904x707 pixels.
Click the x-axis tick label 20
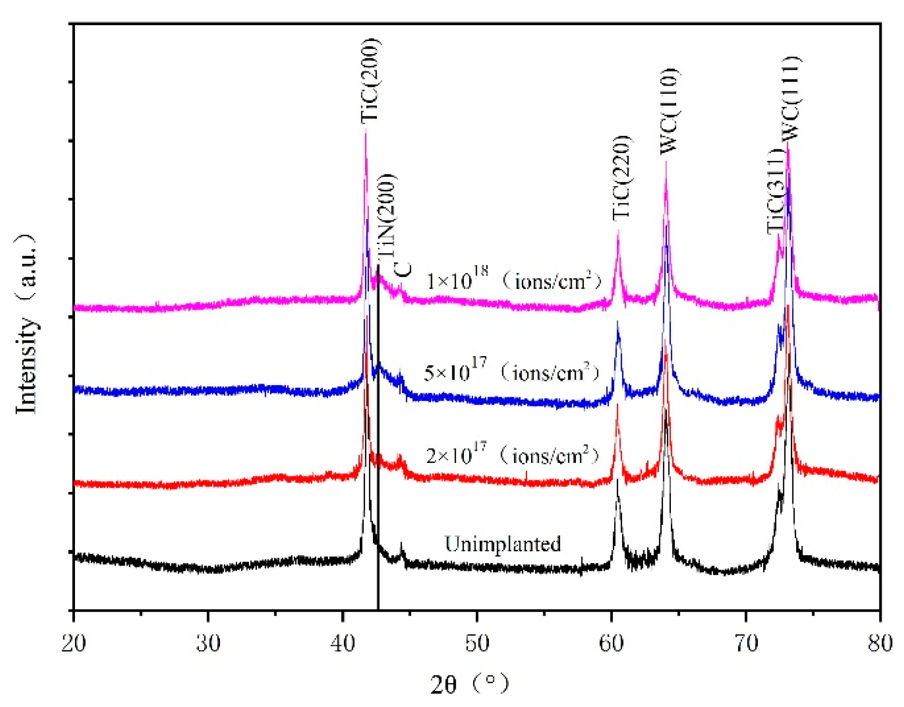pos(74,643)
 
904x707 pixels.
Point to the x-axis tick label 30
pos(208,643)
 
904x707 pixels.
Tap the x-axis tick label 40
pos(342,643)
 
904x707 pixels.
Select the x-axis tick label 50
pos(477,643)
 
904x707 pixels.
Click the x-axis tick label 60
pos(611,643)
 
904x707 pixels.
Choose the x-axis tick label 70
pos(746,643)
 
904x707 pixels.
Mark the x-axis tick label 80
pos(880,643)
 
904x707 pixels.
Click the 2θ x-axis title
pos(469,684)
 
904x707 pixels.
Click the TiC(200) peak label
pos(371,81)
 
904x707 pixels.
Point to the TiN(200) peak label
pos(387,217)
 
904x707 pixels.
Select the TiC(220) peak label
pos(622,178)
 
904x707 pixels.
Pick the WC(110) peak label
pos(669,111)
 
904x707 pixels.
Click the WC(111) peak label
pos(792,98)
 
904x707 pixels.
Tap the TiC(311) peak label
pos(776,191)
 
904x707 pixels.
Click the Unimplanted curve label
pos(503,544)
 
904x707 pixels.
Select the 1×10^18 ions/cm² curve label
pos(514,279)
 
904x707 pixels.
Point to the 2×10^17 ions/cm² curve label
pos(512,454)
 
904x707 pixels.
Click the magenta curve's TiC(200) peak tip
pos(365,131)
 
